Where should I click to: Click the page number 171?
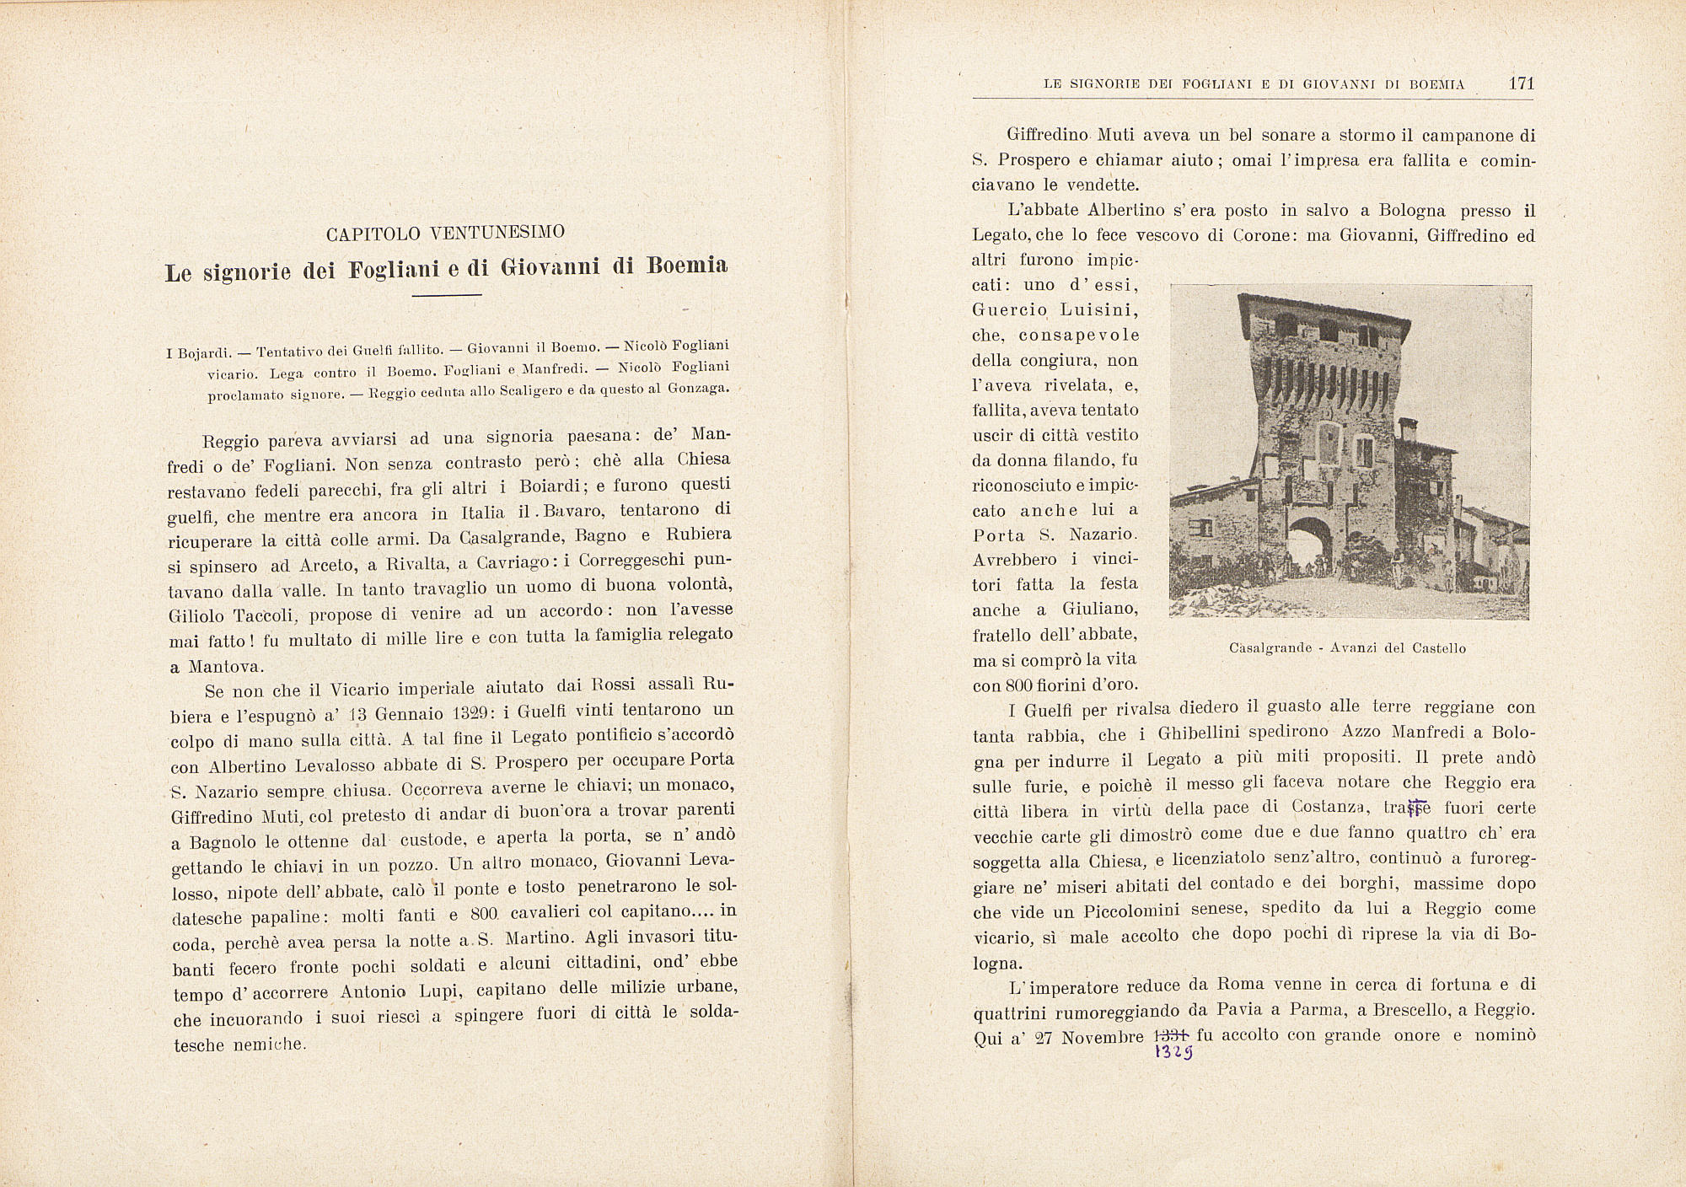pyautogui.click(x=1522, y=83)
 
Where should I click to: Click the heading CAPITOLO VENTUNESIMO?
pyautogui.click(x=445, y=232)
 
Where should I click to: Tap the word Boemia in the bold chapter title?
pyautogui.click(x=686, y=266)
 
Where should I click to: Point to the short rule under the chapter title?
pyautogui.click(x=446, y=295)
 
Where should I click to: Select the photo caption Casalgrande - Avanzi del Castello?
pyautogui.click(x=1347, y=648)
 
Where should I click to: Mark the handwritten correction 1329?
pyautogui.click(x=1173, y=1054)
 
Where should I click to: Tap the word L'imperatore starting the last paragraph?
pyautogui.click(x=1063, y=986)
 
